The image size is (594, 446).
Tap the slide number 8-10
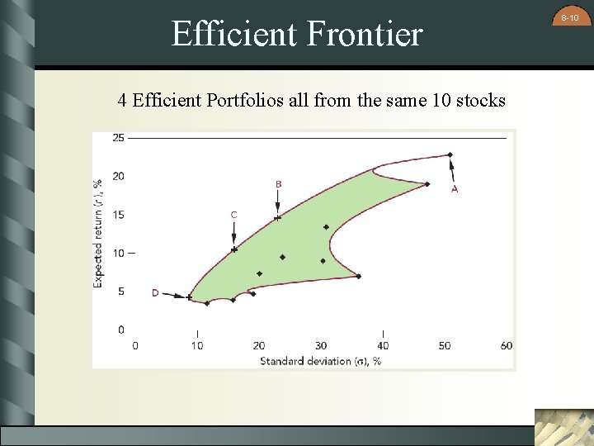(570, 17)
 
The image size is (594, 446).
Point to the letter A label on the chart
(455, 189)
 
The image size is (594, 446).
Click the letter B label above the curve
(278, 183)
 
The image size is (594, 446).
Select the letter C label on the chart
(233, 215)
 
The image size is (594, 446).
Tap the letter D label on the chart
(155, 292)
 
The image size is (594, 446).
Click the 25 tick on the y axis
(119, 138)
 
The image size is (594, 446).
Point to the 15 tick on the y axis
(119, 215)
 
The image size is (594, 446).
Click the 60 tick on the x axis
(507, 345)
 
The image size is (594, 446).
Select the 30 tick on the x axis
(321, 345)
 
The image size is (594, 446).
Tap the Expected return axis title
(99, 233)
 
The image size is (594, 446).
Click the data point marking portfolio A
(450, 154)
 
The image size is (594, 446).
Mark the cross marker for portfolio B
(278, 218)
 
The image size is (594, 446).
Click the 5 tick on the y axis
(121, 292)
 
